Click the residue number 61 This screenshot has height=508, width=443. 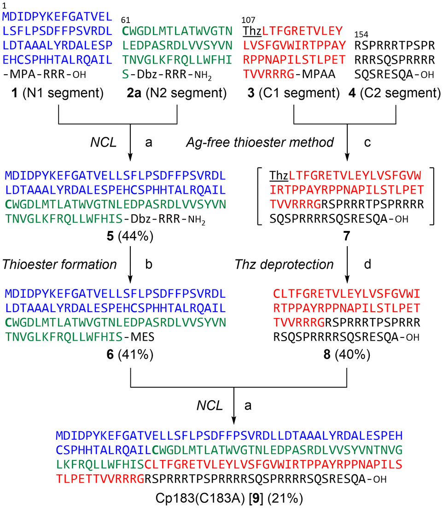(125, 20)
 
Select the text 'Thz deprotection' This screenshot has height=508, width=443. (284, 265)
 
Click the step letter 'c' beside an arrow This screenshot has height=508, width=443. (367, 143)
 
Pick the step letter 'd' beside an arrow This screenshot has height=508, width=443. (367, 265)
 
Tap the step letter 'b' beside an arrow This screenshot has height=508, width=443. (148, 265)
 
